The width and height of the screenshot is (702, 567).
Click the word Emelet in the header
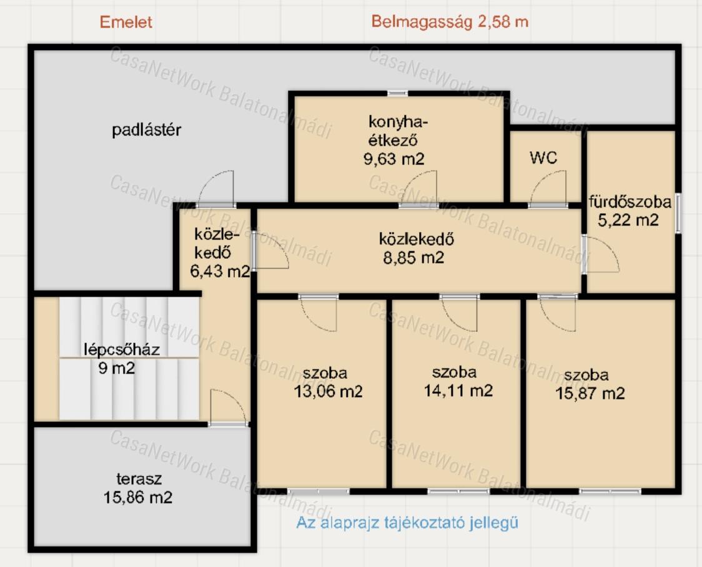pos(126,22)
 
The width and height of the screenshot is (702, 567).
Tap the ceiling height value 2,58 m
pos(503,21)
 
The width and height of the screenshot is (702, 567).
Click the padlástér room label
pos(146,130)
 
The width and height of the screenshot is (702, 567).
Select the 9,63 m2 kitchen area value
pos(394,159)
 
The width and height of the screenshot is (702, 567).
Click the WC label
pos(543,158)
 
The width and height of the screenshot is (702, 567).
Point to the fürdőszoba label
pos(630,202)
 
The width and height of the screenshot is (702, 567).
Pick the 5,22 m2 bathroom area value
pos(628,220)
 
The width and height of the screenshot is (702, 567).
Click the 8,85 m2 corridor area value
pos(413,258)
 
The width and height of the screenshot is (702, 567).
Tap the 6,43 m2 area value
pos(220,271)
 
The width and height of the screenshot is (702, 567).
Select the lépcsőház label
pos(122,349)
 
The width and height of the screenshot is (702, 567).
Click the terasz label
pos(139,479)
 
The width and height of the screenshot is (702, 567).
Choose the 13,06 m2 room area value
pos(328,391)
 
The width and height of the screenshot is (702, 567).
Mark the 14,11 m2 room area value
pos(458,391)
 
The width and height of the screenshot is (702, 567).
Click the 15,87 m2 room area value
pos(590,393)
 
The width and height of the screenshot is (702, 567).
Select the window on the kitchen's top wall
pos(398,93)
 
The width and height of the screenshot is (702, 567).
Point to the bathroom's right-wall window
pos(678,213)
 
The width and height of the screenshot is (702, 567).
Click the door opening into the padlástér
pos(216,188)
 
